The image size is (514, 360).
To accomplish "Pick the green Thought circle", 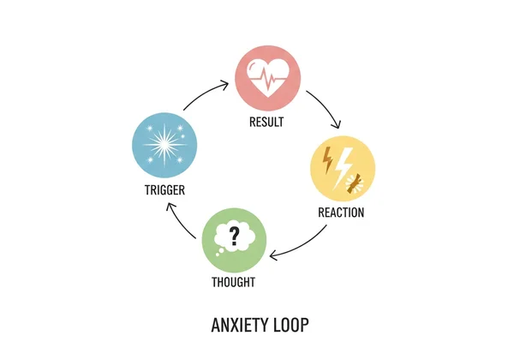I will pos(233,239).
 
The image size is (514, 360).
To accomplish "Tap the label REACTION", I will pos(343,212).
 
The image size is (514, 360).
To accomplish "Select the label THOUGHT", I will pos(233,282).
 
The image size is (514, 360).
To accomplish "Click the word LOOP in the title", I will pos(288,326).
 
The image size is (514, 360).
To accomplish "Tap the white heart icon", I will pos(267,78).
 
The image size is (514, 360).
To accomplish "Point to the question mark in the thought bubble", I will pos(234,233).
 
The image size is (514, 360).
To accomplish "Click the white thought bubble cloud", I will pos(233,235).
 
